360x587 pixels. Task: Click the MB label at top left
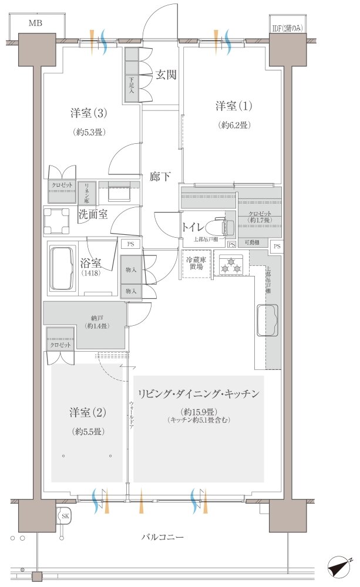36,23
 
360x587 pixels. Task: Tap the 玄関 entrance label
166,75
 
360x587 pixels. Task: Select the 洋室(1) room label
233,106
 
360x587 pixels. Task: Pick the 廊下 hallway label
160,176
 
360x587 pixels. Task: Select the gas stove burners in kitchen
231,265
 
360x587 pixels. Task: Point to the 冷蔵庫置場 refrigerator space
196,263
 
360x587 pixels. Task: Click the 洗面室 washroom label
93,214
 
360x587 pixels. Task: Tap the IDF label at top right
285,28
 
